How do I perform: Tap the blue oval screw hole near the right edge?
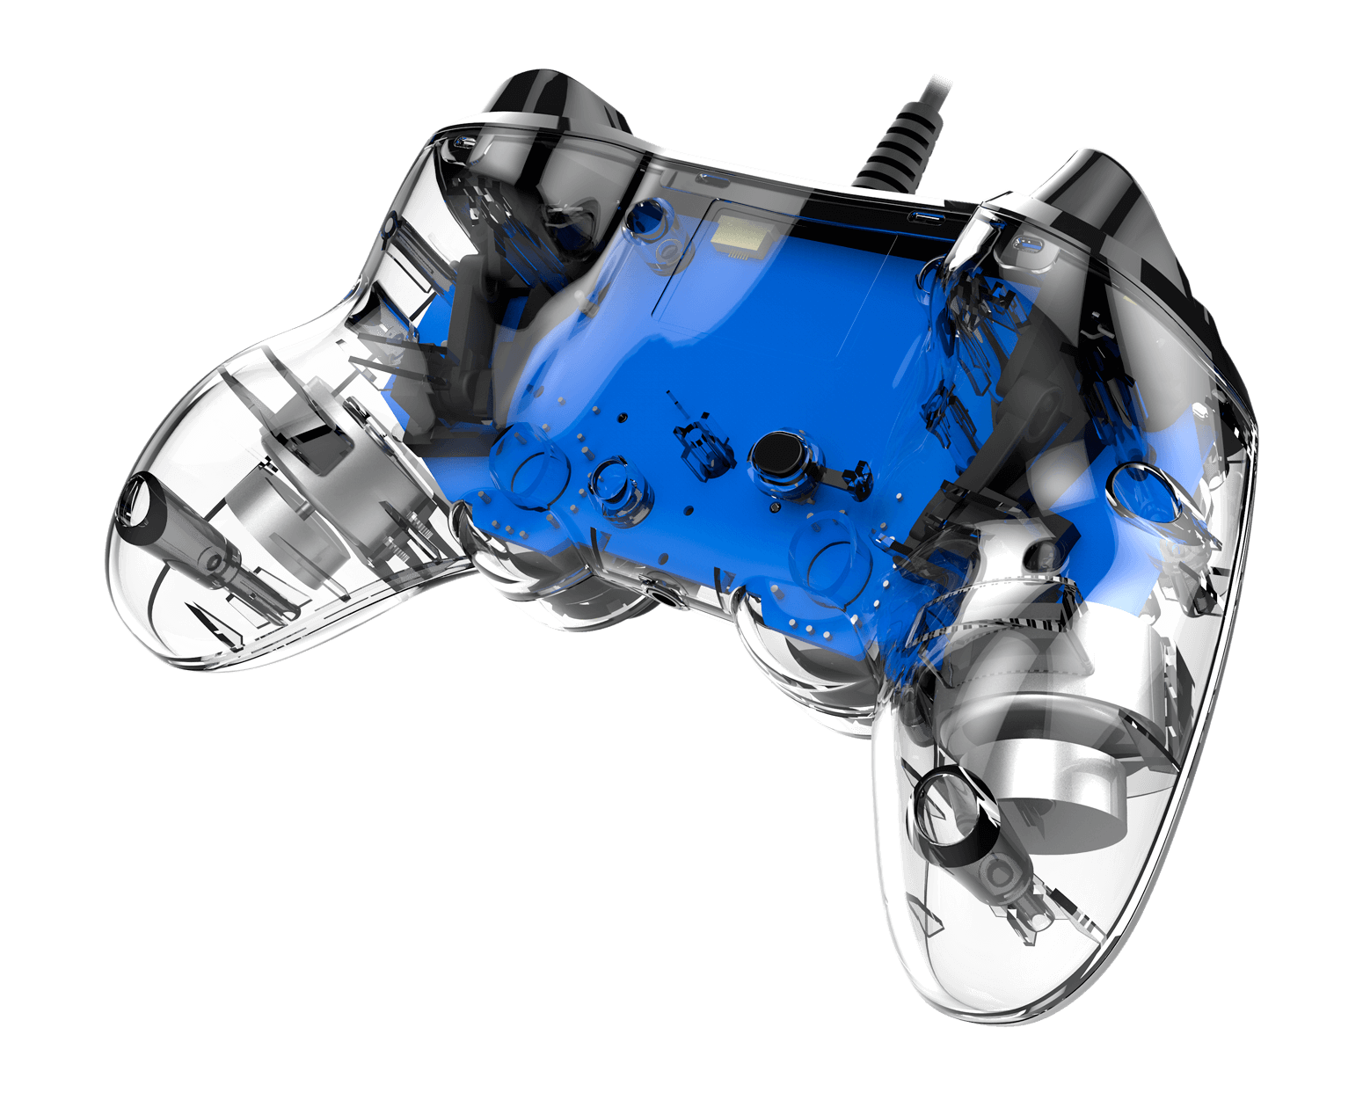click(x=1148, y=488)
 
